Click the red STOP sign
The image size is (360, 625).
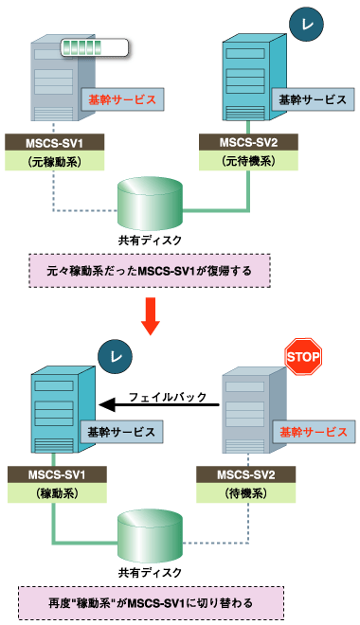(304, 358)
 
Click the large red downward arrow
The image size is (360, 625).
(150, 315)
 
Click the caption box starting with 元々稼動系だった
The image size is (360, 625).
(150, 271)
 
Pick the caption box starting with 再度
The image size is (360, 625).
(150, 602)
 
